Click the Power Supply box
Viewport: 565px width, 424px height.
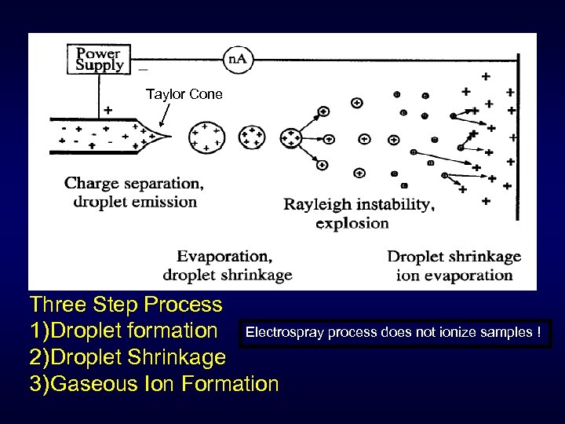pyautogui.click(x=100, y=58)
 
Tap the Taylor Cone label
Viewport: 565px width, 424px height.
pyautogui.click(x=184, y=94)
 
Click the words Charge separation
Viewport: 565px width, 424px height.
pyautogui.click(x=133, y=183)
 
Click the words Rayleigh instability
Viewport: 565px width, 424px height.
pyautogui.click(x=359, y=205)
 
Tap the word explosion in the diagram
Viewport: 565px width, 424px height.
pyautogui.click(x=352, y=223)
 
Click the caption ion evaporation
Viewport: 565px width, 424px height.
pyautogui.click(x=454, y=275)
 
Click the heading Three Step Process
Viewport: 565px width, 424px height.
pyautogui.click(x=126, y=304)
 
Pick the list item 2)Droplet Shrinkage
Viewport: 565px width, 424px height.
pyautogui.click(x=127, y=357)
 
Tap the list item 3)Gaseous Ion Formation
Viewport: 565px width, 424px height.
pyautogui.click(x=154, y=384)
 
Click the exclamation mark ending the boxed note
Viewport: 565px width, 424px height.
pyautogui.click(x=538, y=332)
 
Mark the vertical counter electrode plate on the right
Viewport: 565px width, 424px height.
pyautogui.click(x=519, y=126)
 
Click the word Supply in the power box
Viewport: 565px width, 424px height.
pyautogui.click(x=100, y=66)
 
